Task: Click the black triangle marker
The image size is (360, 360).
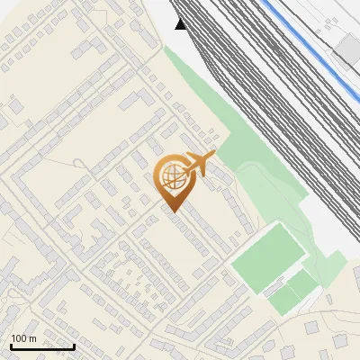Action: (x=182, y=24)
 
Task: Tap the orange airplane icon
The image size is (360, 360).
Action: (x=198, y=164)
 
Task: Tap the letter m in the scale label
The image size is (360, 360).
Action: (x=32, y=338)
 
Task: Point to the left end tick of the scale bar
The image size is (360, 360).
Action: (x=11, y=345)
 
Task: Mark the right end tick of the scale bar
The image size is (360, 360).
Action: (x=74, y=345)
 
